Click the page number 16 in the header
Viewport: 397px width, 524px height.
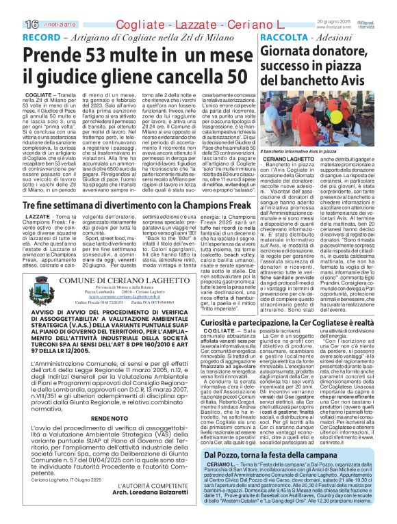12,6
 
